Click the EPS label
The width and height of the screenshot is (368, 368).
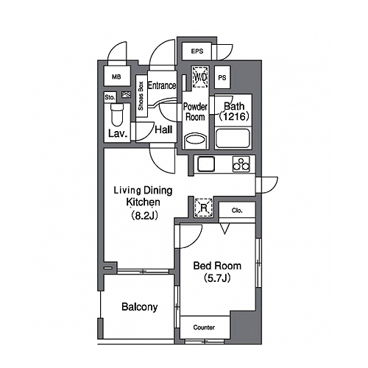[197, 52]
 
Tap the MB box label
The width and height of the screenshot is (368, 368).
[116, 77]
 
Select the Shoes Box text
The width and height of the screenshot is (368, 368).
[141, 96]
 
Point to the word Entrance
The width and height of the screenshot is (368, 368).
[162, 85]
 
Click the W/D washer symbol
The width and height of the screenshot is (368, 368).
[200, 77]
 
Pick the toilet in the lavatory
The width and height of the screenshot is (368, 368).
[117, 115]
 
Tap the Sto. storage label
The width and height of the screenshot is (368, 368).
[110, 97]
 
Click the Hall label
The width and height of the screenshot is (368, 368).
[163, 130]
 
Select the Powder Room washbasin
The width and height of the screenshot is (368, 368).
[195, 141]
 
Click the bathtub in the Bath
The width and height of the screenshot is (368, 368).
[233, 138]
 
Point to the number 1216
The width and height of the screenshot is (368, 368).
[234, 116]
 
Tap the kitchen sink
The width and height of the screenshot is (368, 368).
[206, 164]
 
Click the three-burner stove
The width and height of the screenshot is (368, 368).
[241, 164]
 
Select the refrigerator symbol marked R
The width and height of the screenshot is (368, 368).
[203, 208]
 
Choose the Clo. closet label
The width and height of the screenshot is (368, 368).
[237, 210]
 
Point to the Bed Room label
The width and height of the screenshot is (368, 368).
[217, 266]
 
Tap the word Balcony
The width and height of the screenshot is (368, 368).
[140, 307]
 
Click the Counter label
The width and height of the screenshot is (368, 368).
[204, 328]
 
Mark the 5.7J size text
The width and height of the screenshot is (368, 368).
[217, 278]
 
